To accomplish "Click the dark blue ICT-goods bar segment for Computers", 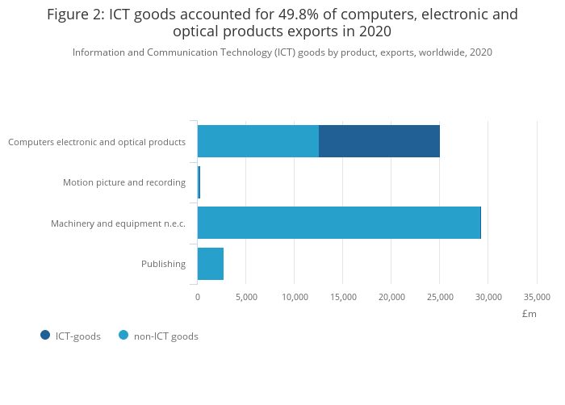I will coord(379,141).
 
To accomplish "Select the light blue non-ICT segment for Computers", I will coord(258,141).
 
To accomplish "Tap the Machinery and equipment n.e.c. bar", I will coord(339,223).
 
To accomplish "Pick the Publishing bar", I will coord(211,264).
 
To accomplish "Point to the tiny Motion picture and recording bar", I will coord(199,182).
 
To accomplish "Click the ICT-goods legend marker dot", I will coord(45,336).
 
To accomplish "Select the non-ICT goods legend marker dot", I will coord(123,336).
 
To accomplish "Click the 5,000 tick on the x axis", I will coord(246,297).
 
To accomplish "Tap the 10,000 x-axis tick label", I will coord(295,297).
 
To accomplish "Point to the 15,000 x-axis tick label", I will coord(343,297).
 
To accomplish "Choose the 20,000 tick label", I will coord(391,297).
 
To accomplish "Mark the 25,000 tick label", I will coord(440,297).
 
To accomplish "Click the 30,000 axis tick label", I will coord(488,297).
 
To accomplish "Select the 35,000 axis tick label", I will coord(537,297).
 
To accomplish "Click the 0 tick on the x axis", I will coord(198,297).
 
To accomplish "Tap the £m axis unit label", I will coord(529,314).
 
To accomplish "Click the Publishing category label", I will coord(163,264).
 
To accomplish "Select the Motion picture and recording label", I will coord(124,182).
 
